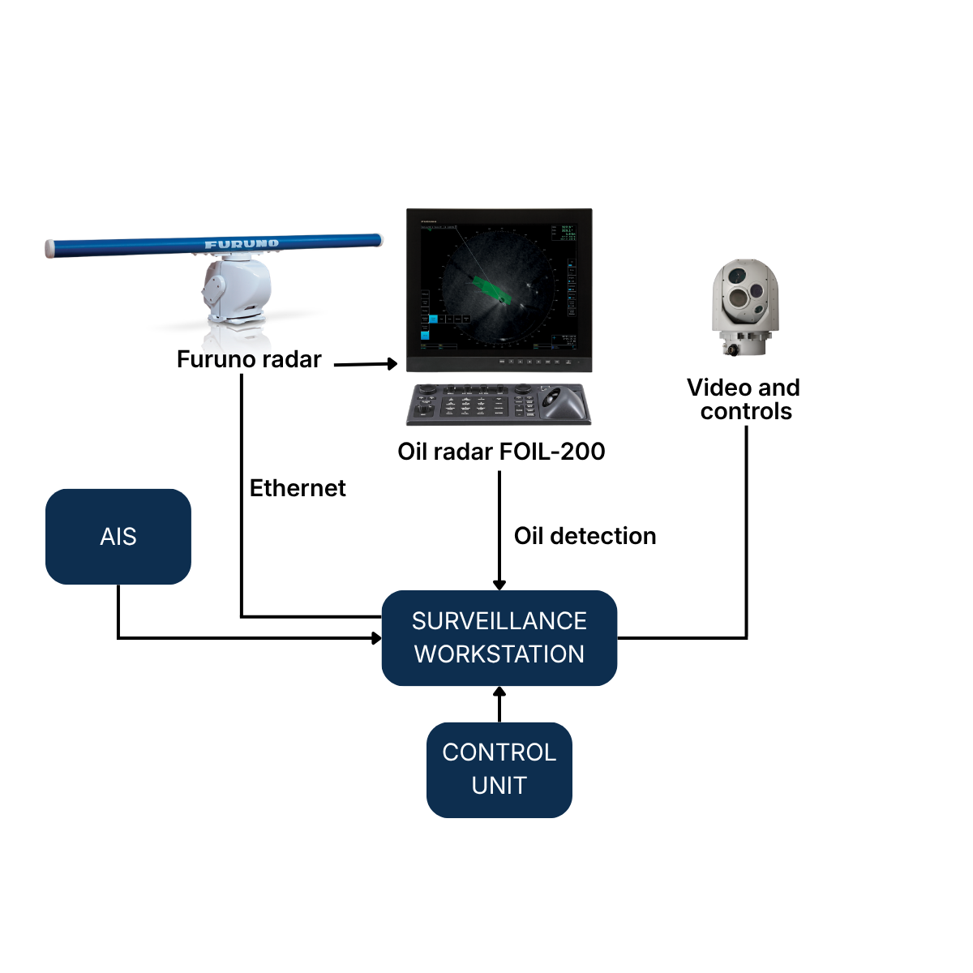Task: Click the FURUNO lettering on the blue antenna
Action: point(242,243)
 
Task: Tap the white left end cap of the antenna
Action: point(49,248)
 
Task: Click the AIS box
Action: point(118,536)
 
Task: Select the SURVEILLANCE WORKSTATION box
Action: point(499,637)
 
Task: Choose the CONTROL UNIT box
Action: point(499,769)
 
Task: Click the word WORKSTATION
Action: point(499,654)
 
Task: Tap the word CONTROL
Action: point(499,752)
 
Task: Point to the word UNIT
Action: point(499,786)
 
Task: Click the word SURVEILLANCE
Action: point(499,621)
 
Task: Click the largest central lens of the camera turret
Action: point(739,299)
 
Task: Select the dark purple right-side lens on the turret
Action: point(757,291)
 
